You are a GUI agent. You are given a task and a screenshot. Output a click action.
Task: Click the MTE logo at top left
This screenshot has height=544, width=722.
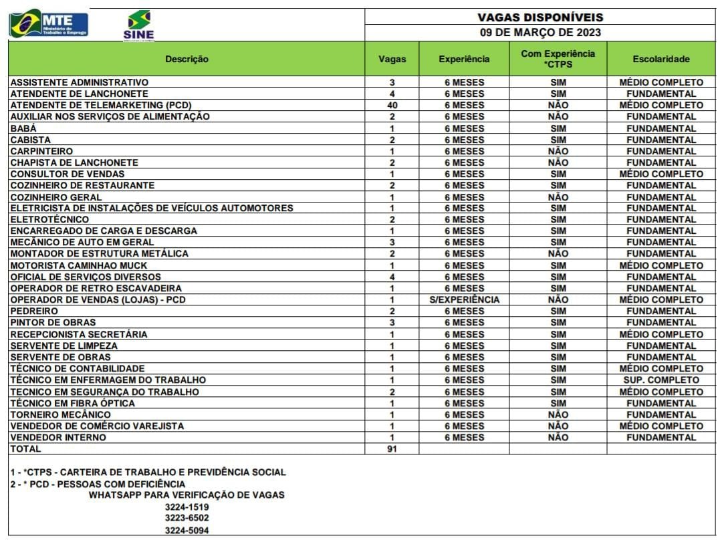point(49,24)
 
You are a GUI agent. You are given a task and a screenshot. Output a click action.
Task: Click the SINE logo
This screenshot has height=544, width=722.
point(138,25)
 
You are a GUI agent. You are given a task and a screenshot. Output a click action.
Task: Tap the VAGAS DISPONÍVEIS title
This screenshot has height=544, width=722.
point(539,17)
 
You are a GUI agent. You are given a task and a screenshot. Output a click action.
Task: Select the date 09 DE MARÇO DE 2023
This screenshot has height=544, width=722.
point(539,32)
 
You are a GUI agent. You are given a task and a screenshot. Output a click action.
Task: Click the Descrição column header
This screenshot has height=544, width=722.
point(187,59)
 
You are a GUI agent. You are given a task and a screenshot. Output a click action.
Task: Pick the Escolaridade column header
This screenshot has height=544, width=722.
point(660,59)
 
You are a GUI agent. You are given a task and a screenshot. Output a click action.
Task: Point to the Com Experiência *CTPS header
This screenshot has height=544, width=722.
point(558,59)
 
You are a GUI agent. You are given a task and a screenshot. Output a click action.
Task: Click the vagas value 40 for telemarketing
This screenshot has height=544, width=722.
point(392,105)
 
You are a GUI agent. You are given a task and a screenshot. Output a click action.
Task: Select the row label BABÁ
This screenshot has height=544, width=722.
point(23,128)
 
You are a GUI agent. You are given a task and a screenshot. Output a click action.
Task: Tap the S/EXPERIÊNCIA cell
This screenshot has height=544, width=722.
point(464,299)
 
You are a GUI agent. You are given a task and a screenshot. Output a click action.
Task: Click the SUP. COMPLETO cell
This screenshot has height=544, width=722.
point(660,380)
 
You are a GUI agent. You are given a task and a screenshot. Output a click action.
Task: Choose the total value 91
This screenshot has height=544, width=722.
point(392,449)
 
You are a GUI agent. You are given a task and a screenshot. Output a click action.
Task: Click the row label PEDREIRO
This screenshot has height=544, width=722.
point(34,311)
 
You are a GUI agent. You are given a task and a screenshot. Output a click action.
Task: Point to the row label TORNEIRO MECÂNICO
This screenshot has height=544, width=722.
point(61,414)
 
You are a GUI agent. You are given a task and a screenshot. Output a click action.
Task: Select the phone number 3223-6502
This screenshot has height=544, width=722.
point(187,518)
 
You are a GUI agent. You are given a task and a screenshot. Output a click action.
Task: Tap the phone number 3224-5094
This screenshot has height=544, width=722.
point(187,531)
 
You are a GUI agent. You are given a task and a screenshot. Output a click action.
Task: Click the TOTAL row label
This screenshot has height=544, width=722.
point(25,449)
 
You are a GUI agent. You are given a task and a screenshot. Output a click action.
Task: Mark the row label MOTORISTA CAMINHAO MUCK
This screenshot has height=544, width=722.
point(79,265)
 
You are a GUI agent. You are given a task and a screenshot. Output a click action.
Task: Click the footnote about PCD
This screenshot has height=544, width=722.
point(98,484)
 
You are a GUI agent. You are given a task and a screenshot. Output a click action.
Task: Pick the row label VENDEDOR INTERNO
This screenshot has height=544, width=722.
point(58,437)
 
